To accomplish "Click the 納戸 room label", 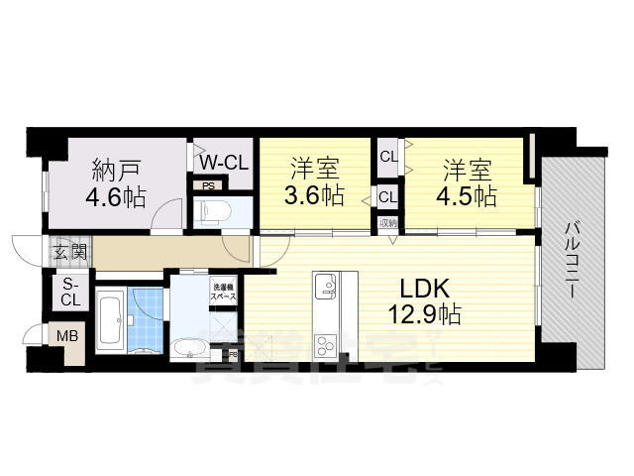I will coord(106,166).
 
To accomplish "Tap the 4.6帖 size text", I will coord(107,195).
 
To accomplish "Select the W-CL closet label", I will coord(222,162).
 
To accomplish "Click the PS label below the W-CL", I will coord(208,185).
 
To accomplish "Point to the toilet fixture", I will coord(214,210).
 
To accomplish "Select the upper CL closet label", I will coord(388,157).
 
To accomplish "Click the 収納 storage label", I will coord(389,223).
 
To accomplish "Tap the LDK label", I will coord(425,289).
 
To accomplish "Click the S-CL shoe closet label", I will coord(68,293).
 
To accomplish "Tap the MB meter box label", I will coord(66,336).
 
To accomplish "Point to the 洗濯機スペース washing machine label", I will coord(224,292).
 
